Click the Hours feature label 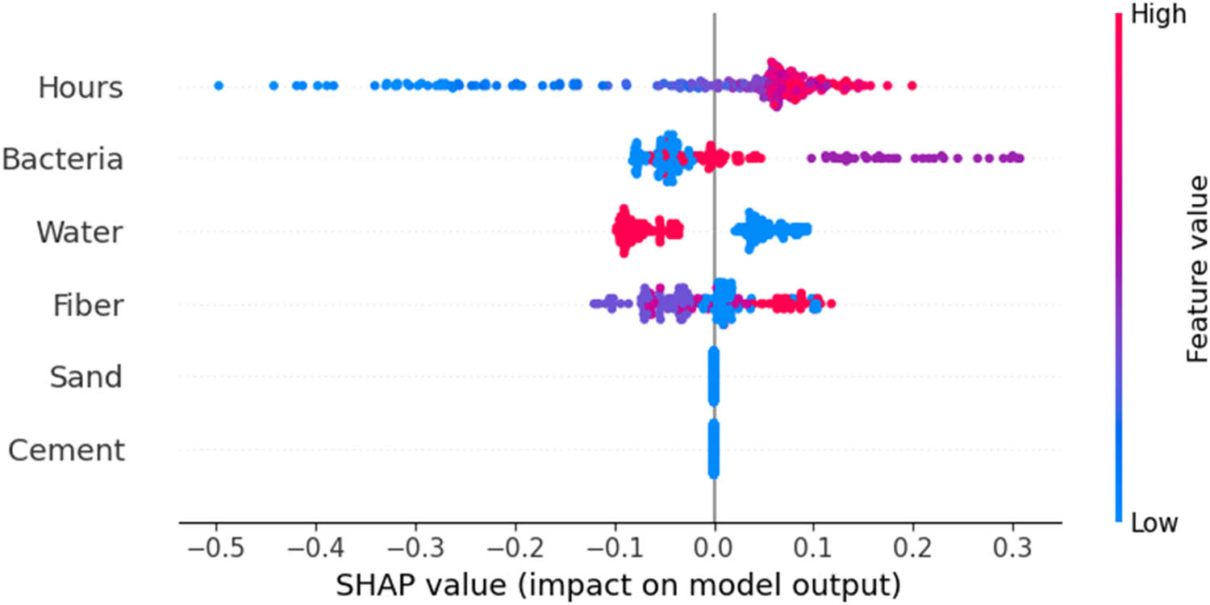pos(80,87)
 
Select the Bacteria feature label pos(63,160)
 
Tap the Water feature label pos(79,232)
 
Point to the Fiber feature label pos(88,305)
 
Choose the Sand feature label pos(86,377)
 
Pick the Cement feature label pos(67,449)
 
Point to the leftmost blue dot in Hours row pos(218,86)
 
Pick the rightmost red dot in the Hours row pos(912,86)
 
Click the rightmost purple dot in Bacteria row pos(1019,158)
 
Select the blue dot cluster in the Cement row pos(713,449)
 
